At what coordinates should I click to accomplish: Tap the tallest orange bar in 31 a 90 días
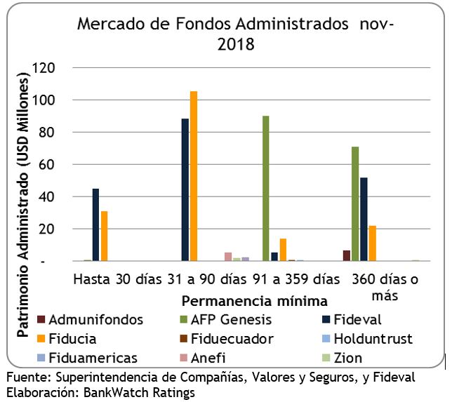194,176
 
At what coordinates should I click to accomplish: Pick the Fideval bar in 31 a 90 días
185,189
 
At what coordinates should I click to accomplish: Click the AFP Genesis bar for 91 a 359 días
266,189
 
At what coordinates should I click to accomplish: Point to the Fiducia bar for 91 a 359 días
283,250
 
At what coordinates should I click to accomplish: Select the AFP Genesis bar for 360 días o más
355,203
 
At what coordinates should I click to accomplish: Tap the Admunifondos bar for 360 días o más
347,255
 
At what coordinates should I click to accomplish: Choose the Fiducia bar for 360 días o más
371,243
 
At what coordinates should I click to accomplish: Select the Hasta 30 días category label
117,279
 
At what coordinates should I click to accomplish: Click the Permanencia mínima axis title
254,302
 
